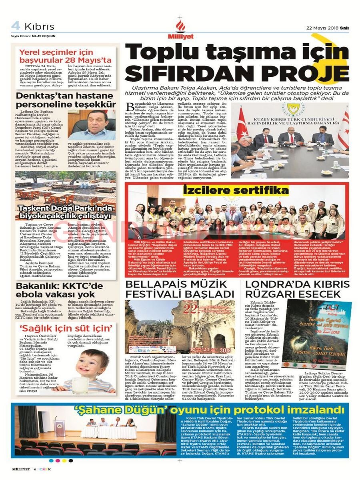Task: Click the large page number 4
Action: tap(16, 26)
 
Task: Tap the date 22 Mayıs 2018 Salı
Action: tap(327, 28)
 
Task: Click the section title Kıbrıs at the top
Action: tap(39, 26)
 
